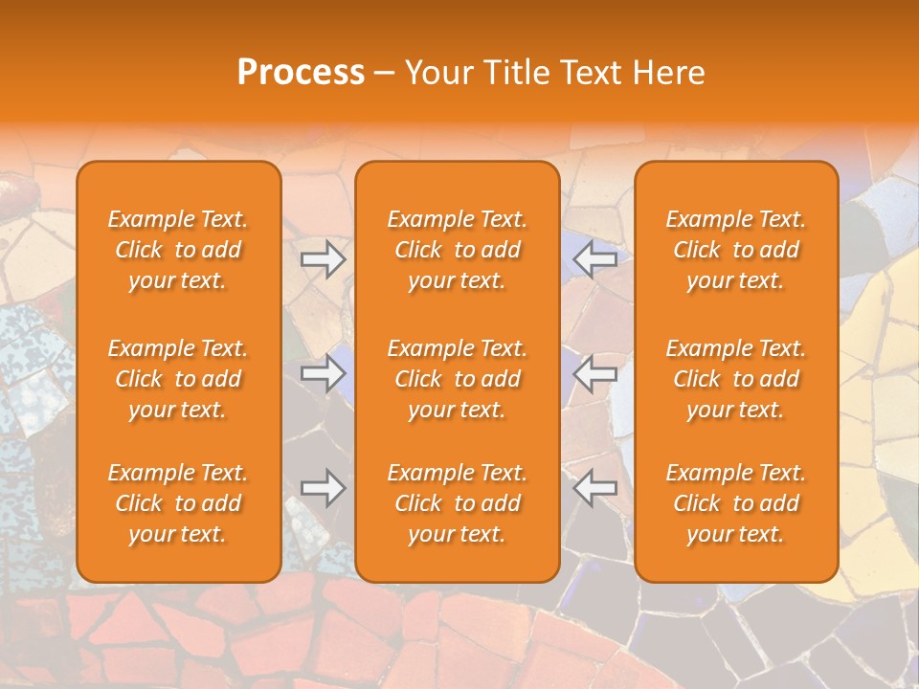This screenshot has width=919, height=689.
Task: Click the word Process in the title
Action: click(301, 73)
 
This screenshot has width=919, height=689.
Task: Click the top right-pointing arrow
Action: click(323, 258)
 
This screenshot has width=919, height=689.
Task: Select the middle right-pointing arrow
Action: click(323, 373)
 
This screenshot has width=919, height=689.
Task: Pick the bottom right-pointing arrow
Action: click(323, 487)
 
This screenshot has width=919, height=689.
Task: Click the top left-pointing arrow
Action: click(594, 258)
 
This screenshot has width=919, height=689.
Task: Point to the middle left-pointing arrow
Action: click(594, 373)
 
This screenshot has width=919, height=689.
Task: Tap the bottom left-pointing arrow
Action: click(594, 487)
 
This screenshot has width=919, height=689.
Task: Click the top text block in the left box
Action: click(178, 250)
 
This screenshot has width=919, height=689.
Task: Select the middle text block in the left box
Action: click(178, 379)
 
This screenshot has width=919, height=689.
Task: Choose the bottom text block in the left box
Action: click(178, 503)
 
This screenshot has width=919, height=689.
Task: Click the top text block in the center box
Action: click(458, 250)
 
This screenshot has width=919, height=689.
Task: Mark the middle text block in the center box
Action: click(458, 379)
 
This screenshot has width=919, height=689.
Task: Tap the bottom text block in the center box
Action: click(458, 503)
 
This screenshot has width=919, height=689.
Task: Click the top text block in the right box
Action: click(736, 250)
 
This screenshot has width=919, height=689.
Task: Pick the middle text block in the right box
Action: click(736, 379)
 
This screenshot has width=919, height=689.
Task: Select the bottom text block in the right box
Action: click(736, 503)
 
